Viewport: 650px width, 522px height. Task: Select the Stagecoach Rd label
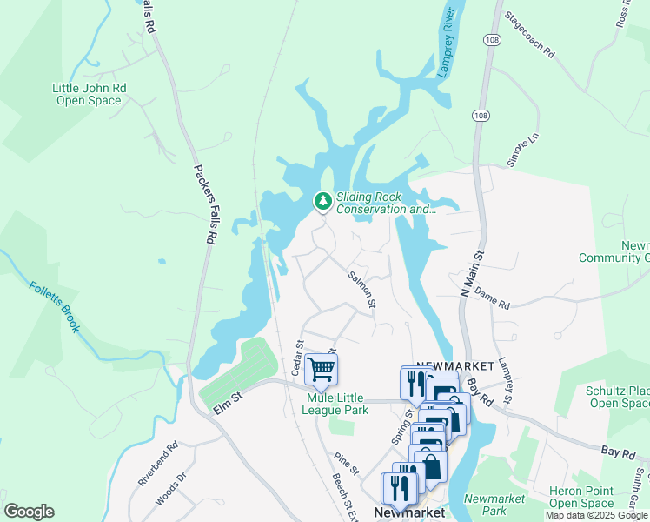pos(529,36)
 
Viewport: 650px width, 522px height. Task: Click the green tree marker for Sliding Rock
pos(323,203)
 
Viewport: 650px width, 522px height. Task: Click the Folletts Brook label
pos(54,306)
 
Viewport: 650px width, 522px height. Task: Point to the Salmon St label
pos(362,290)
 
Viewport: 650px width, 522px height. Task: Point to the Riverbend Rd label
pos(158,463)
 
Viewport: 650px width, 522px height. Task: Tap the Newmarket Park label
pos(494,505)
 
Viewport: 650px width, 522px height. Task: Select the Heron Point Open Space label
pos(581,498)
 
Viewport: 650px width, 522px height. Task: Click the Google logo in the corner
pos(29,512)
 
